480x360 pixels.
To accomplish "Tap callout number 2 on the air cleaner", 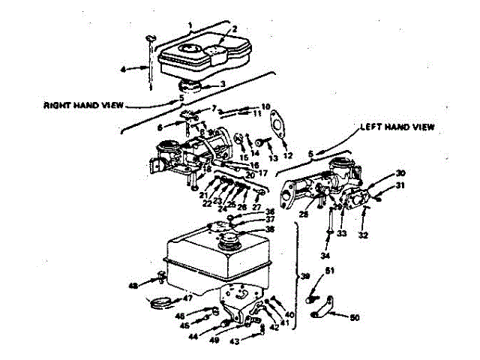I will coord(234,30).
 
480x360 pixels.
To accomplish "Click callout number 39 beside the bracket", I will coord(304,275).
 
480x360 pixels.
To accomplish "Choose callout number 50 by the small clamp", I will coord(355,318).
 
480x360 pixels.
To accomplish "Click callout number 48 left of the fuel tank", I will coord(133,285).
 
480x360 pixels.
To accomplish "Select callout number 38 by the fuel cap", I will coord(269,229).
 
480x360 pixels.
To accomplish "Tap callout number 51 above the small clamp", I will coord(329,271).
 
